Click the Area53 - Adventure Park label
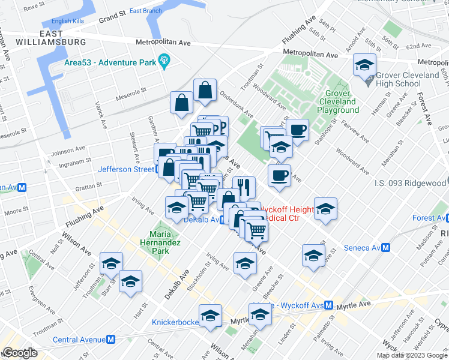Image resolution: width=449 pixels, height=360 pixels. point(109,61)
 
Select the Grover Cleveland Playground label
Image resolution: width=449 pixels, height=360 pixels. point(342,101)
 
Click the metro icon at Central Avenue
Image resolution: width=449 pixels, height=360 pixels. point(111,340)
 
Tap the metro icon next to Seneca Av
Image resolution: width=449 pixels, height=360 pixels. point(387,248)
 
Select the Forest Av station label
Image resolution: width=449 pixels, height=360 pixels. point(426,218)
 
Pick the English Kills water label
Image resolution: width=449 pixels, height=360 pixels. point(69,21)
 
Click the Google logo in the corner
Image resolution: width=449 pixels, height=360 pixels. point(20,353)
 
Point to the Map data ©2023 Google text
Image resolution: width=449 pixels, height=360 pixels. point(411,355)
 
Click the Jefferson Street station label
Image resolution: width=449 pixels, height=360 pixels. point(126,169)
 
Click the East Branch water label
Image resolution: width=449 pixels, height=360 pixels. point(145,11)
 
